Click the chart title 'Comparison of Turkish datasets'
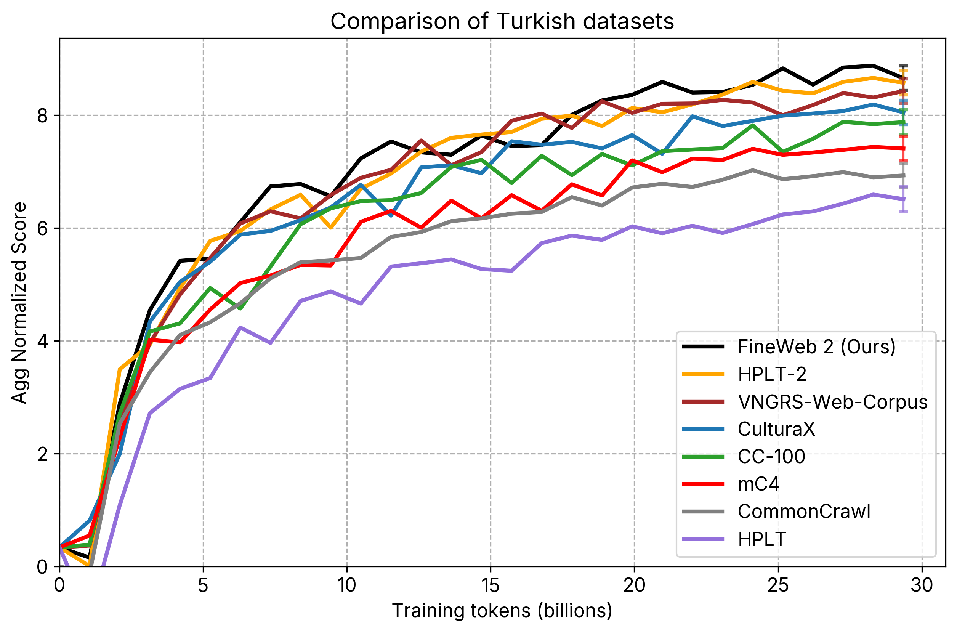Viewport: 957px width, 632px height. pos(502,21)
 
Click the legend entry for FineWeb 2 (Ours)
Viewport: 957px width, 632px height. pos(816,347)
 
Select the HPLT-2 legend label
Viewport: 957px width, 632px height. pos(772,374)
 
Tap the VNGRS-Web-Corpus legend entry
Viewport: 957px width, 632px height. pos(832,402)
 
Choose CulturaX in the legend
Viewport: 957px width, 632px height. pos(776,429)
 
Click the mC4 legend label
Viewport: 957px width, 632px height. pos(758,484)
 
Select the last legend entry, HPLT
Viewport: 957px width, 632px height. pos(761,539)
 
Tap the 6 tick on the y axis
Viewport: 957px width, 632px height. pos(42,229)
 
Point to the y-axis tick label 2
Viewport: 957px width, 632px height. pos(42,454)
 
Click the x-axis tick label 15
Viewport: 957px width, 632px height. pos(491,585)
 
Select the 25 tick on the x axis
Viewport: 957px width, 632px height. pos(778,585)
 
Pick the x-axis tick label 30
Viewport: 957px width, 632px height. pos(922,585)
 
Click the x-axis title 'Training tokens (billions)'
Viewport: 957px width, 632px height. pos(502,611)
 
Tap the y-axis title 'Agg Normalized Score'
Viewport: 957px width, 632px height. pos(19,303)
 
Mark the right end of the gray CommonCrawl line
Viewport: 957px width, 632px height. pos(903,175)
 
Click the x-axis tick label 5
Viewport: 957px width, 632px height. pos(203,585)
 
